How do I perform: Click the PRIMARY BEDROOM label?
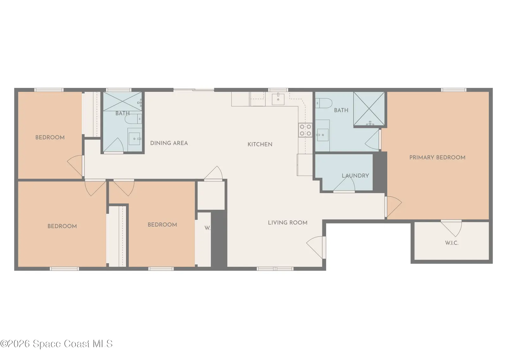point(437,157)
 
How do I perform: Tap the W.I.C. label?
point(452,243)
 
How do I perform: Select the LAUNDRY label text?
point(355,176)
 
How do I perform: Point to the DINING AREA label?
point(169,143)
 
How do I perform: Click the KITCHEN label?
point(260,144)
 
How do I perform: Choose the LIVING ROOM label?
point(288,223)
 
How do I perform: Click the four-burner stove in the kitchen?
point(305,130)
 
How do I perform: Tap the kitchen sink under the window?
point(278,99)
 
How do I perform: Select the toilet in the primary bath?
point(324,103)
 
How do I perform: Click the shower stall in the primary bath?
point(369,108)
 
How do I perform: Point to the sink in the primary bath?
point(323,135)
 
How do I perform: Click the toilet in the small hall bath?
point(133,119)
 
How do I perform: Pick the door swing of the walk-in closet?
point(451,228)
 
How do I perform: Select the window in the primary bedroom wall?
point(453,90)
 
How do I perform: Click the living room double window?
point(275,269)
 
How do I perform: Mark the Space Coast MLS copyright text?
point(56,344)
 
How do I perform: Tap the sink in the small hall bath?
point(134,139)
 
